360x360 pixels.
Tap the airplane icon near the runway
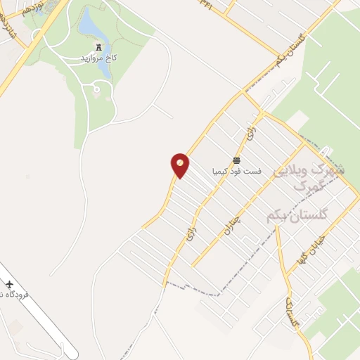[x=9, y=284]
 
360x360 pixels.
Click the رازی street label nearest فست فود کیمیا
[x=247, y=131]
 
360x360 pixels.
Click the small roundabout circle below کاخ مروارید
[x=96, y=89]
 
